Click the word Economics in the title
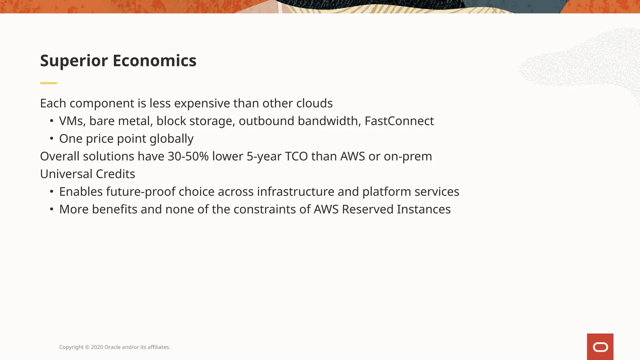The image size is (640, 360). [x=154, y=61]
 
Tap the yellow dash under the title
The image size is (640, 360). [x=48, y=83]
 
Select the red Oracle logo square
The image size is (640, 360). [x=600, y=347]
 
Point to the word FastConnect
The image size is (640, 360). [x=399, y=121]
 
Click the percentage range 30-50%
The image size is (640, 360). [x=188, y=156]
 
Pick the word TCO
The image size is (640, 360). [x=296, y=156]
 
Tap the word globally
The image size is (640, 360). [x=172, y=139]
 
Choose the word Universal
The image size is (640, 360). [x=66, y=174]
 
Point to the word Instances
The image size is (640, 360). [x=424, y=209]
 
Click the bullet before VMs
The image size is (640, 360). [x=52, y=121]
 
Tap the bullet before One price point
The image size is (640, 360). [x=52, y=138]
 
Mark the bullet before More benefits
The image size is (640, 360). [x=52, y=209]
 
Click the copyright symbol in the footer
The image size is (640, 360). [x=87, y=347]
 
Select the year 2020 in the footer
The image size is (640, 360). [x=97, y=347]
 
